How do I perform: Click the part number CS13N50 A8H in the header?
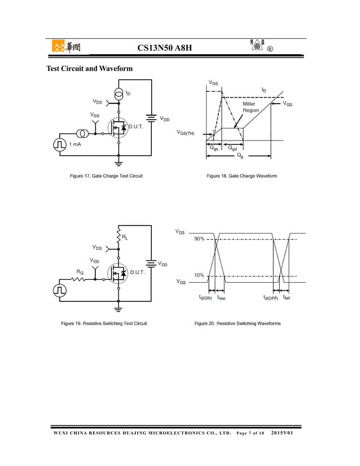[165, 48]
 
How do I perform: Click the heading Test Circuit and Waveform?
[89, 69]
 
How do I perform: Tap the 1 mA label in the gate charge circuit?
[75, 145]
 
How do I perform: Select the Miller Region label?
[251, 107]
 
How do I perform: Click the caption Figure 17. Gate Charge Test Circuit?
[106, 176]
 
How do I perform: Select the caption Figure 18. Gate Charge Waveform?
[242, 176]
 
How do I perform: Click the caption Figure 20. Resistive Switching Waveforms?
[238, 323]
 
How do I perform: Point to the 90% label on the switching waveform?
[199, 239]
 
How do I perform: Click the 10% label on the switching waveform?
[199, 275]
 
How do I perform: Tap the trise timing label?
[221, 297]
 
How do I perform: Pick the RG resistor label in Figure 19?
[81, 272]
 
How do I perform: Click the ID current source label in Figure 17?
[128, 93]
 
